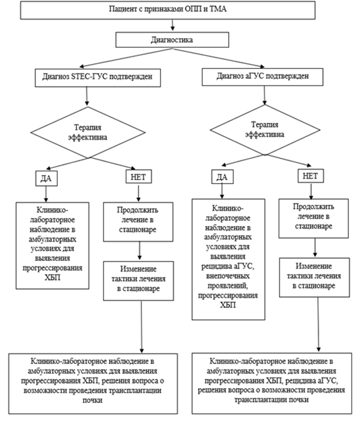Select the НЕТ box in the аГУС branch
(x=312, y=175)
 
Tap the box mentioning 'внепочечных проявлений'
(x=229, y=258)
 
